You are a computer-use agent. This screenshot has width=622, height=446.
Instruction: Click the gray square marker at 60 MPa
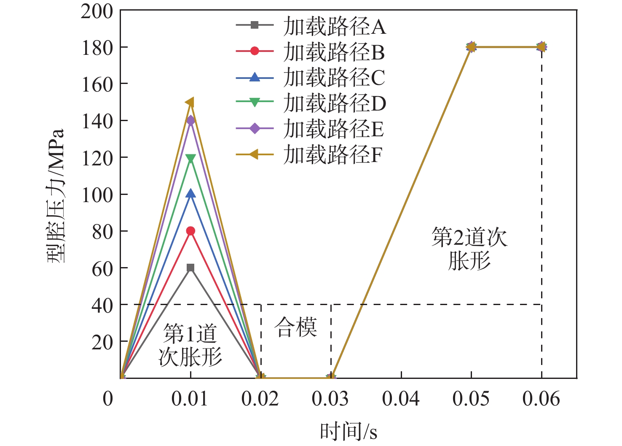pyautogui.click(x=190, y=268)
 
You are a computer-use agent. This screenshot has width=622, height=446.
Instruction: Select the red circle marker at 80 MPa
pyautogui.click(x=190, y=231)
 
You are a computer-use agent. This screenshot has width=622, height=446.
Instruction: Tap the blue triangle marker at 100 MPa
pyautogui.click(x=190, y=194)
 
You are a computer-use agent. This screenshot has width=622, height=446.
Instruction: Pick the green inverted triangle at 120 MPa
pyautogui.click(x=190, y=159)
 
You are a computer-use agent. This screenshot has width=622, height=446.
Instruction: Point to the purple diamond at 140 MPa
pyautogui.click(x=190, y=120)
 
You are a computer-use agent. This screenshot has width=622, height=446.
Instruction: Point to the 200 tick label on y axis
pyautogui.click(x=97, y=11)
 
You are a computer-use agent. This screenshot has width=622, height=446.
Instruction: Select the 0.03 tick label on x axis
pyautogui.click(x=330, y=399)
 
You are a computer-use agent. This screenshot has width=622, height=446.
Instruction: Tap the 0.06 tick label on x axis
pyautogui.click(x=541, y=399)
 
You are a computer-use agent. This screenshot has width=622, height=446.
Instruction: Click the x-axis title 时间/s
pyautogui.click(x=349, y=431)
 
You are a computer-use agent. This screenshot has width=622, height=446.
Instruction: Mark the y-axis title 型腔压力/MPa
pyautogui.click(x=56, y=195)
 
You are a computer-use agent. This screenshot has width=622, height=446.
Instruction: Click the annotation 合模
pyautogui.click(x=296, y=327)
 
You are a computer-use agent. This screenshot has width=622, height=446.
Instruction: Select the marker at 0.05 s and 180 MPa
pyautogui.click(x=471, y=46)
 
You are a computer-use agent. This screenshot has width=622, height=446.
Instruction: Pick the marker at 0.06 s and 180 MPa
pyautogui.click(x=542, y=46)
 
